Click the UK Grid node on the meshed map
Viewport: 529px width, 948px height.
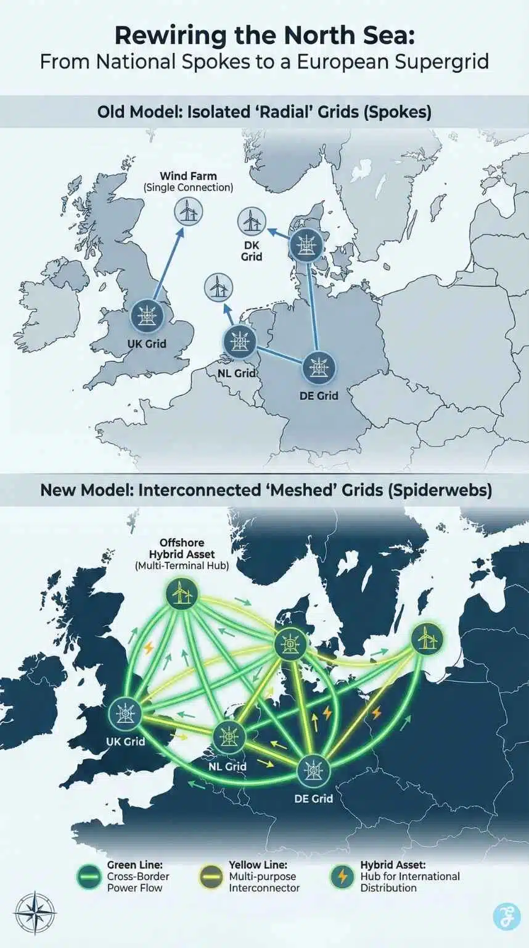125,715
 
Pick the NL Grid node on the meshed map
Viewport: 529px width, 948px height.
229,737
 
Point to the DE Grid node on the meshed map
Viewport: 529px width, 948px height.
314,770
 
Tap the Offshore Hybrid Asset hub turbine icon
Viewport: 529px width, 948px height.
182,594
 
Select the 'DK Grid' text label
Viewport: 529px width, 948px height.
251,250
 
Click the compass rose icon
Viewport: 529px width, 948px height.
35,913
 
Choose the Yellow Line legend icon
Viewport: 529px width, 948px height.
213,876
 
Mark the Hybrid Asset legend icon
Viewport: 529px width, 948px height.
344,876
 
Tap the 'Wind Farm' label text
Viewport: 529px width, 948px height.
188,177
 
